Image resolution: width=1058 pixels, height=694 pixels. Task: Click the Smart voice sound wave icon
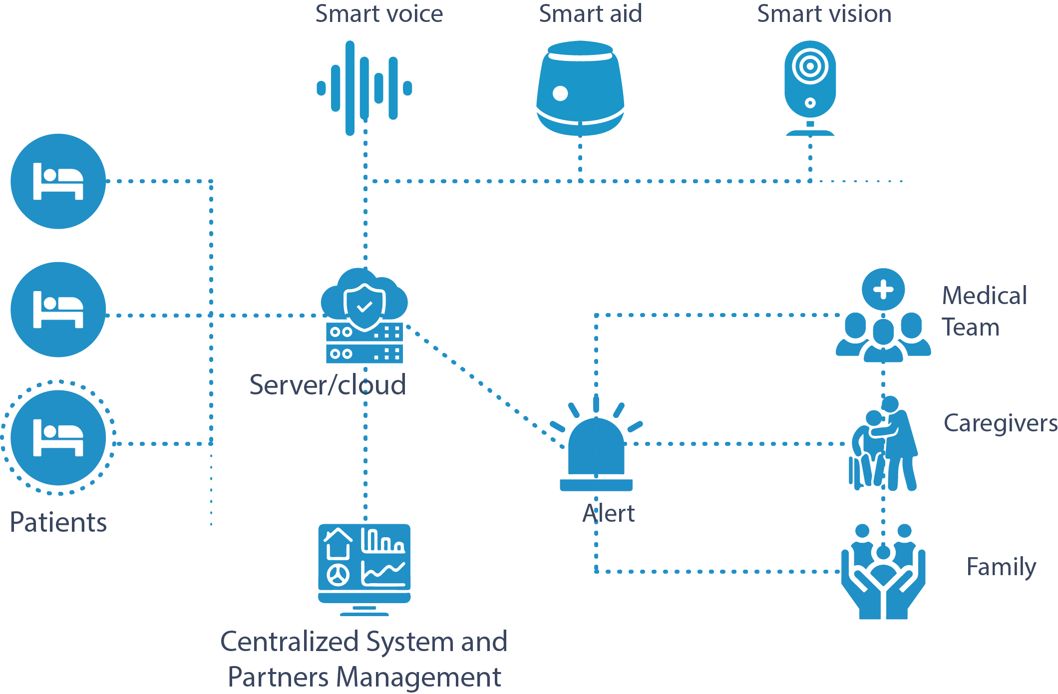[364, 88]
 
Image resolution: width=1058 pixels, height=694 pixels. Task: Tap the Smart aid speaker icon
[580, 88]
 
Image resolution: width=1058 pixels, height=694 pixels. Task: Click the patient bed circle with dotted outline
[58, 437]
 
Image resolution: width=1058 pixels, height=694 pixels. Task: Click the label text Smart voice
[379, 13]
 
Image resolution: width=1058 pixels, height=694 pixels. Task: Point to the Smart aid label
[590, 13]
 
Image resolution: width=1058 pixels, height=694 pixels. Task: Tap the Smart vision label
[824, 13]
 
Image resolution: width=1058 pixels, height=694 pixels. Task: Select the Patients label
[58, 522]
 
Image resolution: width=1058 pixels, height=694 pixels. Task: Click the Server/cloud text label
[328, 385]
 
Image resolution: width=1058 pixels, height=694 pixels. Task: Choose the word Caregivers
[1000, 423]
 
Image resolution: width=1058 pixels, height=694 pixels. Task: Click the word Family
[1001, 567]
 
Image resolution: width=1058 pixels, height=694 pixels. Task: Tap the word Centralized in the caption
[290, 642]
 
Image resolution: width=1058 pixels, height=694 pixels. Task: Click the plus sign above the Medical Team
[883, 290]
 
